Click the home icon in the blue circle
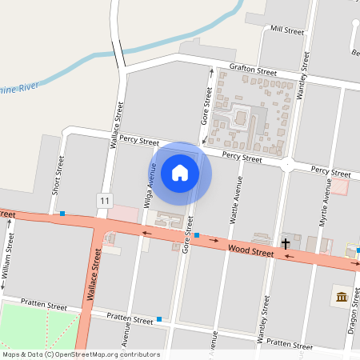click(x=180, y=173)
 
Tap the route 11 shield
click(x=105, y=198)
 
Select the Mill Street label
click(x=288, y=30)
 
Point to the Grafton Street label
click(x=252, y=70)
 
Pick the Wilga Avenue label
click(x=149, y=186)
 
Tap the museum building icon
click(x=342, y=298)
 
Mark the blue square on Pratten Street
click(x=159, y=319)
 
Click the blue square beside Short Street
click(x=62, y=213)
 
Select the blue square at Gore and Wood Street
click(x=197, y=235)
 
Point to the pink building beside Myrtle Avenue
click(x=341, y=186)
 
